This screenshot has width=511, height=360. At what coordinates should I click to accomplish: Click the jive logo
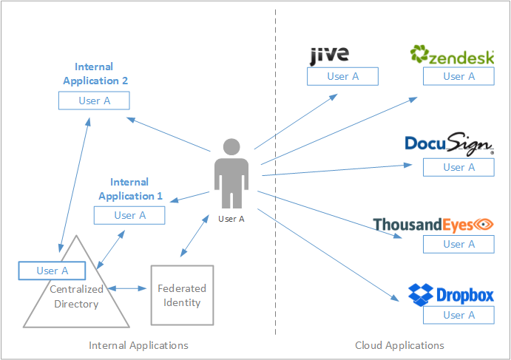click(329, 55)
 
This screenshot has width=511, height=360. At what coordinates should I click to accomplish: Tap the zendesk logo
click(453, 55)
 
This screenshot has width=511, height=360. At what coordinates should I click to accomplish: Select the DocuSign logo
click(449, 144)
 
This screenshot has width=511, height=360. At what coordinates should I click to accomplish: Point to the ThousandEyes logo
click(433, 224)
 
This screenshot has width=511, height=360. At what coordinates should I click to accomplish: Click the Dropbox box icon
click(421, 294)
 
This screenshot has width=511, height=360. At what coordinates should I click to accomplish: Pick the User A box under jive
click(343, 76)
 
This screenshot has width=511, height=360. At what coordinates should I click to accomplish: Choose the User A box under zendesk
click(458, 76)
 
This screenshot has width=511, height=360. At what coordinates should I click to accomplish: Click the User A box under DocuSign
click(458, 167)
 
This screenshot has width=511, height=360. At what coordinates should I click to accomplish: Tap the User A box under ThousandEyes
click(458, 244)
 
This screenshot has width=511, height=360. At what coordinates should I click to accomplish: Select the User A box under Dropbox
click(458, 315)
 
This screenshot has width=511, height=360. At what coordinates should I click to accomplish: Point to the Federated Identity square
click(182, 295)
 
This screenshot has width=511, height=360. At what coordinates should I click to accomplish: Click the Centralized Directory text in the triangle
click(77, 296)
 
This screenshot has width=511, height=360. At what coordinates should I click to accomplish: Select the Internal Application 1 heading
click(130, 189)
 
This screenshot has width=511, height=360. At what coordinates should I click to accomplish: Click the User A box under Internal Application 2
click(95, 101)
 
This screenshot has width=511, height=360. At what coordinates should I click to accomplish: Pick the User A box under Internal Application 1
click(129, 215)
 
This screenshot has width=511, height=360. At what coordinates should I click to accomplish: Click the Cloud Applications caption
click(399, 345)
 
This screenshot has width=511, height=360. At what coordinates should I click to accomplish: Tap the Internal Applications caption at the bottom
click(138, 345)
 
